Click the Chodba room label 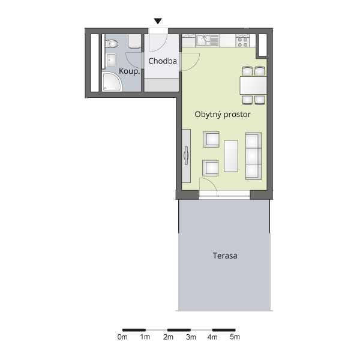[x=163, y=61]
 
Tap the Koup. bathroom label [x=129, y=71]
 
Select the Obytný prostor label [x=223, y=115]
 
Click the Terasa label [x=225, y=256]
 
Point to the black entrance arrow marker [x=158, y=21]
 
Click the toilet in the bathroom [x=112, y=44]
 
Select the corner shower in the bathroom [x=112, y=82]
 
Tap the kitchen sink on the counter [x=208, y=40]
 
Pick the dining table [x=253, y=86]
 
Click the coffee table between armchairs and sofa [x=231, y=156]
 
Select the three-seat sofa [x=253, y=156]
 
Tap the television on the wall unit [x=186, y=155]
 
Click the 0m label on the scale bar [x=122, y=337]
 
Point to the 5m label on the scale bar [x=235, y=337]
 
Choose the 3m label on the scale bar [x=191, y=337]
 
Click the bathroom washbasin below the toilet [x=111, y=60]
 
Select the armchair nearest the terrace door [x=211, y=168]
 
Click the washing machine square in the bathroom [x=134, y=41]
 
